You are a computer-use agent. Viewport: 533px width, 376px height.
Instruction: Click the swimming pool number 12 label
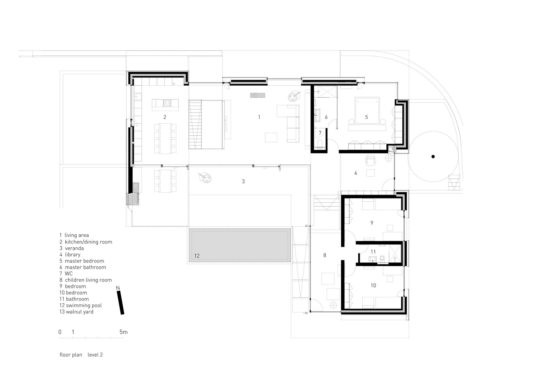(x=197, y=256)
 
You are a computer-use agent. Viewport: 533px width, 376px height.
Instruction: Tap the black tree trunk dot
(x=433, y=157)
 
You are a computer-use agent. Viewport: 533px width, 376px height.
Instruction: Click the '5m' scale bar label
(x=124, y=332)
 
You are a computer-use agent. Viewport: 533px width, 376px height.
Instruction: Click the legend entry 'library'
(x=73, y=254)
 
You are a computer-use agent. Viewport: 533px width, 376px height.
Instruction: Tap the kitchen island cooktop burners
(x=167, y=103)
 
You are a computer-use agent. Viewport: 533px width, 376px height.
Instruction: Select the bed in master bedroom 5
(x=367, y=110)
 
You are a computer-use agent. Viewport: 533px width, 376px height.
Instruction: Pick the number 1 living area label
(x=259, y=117)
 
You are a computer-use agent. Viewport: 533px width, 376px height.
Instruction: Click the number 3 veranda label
(x=243, y=181)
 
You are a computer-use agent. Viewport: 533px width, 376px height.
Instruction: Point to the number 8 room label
(x=325, y=255)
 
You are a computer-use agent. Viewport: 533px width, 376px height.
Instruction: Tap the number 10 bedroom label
(x=373, y=285)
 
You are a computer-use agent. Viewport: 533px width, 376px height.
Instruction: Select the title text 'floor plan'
(x=71, y=355)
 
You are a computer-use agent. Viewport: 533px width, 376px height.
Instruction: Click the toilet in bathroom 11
(x=382, y=258)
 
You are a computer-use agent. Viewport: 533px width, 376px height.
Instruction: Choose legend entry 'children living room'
(x=88, y=280)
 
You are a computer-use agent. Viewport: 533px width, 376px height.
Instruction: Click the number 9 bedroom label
(x=372, y=223)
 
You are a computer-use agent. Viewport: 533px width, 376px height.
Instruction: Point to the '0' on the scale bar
(x=60, y=332)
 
